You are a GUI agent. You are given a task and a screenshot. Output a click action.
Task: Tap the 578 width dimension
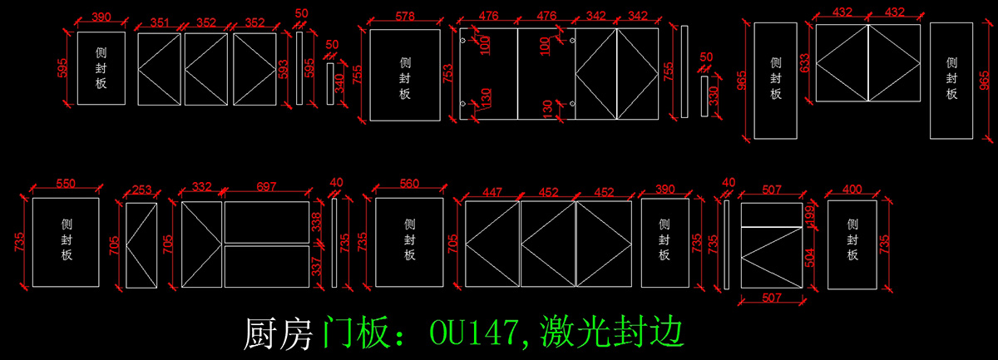[405, 17]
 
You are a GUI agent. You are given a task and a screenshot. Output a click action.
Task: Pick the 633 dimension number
[805, 63]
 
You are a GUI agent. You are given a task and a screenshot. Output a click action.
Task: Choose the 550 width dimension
[66, 183]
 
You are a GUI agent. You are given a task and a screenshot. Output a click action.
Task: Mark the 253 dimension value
[142, 190]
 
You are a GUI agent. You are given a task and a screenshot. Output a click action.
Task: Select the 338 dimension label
[315, 222]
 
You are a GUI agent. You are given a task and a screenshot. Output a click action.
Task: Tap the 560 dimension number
[408, 184]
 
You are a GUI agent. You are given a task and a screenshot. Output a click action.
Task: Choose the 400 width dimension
[852, 190]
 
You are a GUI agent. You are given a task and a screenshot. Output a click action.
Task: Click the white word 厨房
[280, 333]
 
